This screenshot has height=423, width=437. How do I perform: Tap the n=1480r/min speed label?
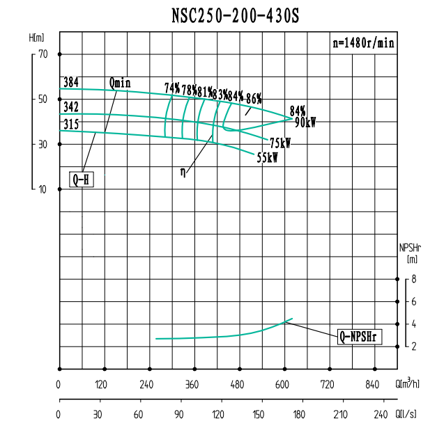(363, 42)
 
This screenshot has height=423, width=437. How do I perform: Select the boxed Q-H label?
(82, 179)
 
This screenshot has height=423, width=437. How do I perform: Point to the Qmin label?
(119, 83)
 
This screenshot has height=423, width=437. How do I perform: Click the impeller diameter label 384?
(70, 83)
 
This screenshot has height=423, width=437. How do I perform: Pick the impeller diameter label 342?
(70, 107)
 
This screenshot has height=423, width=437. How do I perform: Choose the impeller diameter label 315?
(70, 124)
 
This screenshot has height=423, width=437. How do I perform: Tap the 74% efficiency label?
(172, 88)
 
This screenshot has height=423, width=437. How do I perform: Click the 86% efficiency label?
(254, 98)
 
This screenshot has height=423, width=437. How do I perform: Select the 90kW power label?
(305, 122)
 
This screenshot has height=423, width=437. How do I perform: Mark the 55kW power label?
(268, 158)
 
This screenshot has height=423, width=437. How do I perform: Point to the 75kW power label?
(280, 143)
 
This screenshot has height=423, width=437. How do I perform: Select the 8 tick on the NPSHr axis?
(414, 280)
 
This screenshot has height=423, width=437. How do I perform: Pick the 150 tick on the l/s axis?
(259, 415)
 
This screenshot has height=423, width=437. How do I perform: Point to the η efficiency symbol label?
(183, 170)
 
